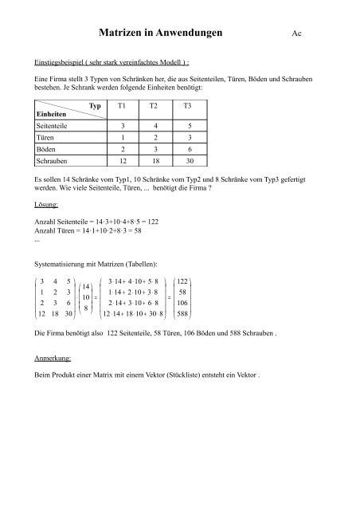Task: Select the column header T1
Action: [122, 106]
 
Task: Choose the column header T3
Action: [188, 106]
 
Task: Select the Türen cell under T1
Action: [122, 137]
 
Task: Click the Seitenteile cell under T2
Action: [155, 126]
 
